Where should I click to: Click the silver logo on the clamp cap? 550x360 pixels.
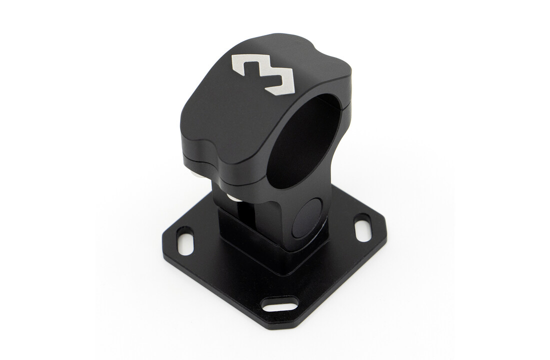click(264, 71)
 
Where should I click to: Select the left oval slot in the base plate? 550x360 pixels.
click(185, 241)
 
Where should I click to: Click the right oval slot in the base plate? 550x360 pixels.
click(362, 228)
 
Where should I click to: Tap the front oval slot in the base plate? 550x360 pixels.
click(280, 304)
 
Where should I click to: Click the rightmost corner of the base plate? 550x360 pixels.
click(386, 235)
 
